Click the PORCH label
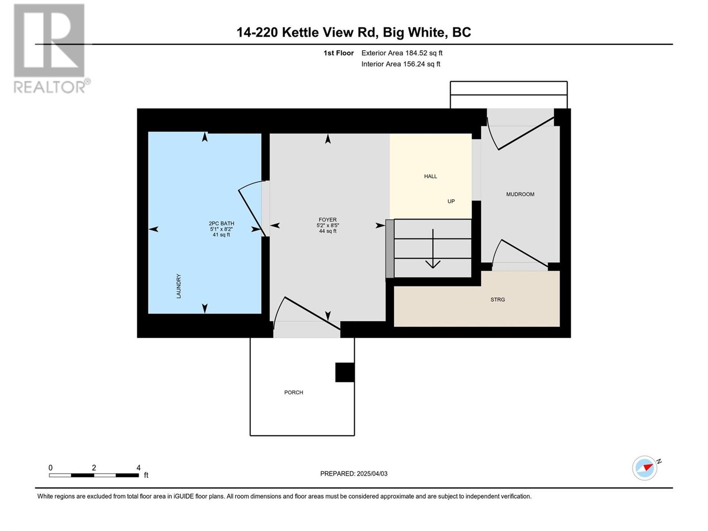(293, 392)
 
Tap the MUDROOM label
(520, 194)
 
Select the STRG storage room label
(497, 300)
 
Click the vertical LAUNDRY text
(179, 286)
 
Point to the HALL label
(430, 176)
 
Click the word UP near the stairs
(451, 201)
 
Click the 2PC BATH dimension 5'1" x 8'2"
(221, 229)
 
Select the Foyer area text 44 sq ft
(328, 231)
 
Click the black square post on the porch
(345, 372)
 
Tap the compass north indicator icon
(645, 468)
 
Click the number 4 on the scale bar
(139, 468)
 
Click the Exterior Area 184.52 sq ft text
(402, 53)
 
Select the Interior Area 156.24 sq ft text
(400, 64)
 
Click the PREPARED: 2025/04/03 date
(354, 473)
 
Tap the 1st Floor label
(339, 53)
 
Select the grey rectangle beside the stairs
(389, 249)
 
